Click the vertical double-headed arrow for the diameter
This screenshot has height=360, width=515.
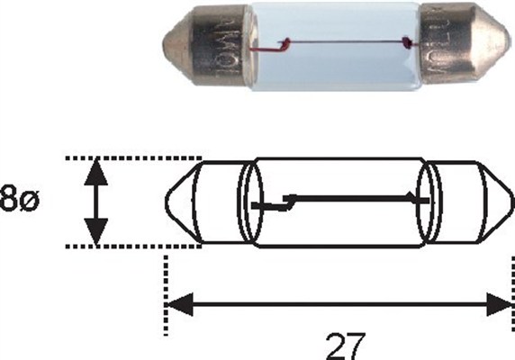[x=94, y=202]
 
